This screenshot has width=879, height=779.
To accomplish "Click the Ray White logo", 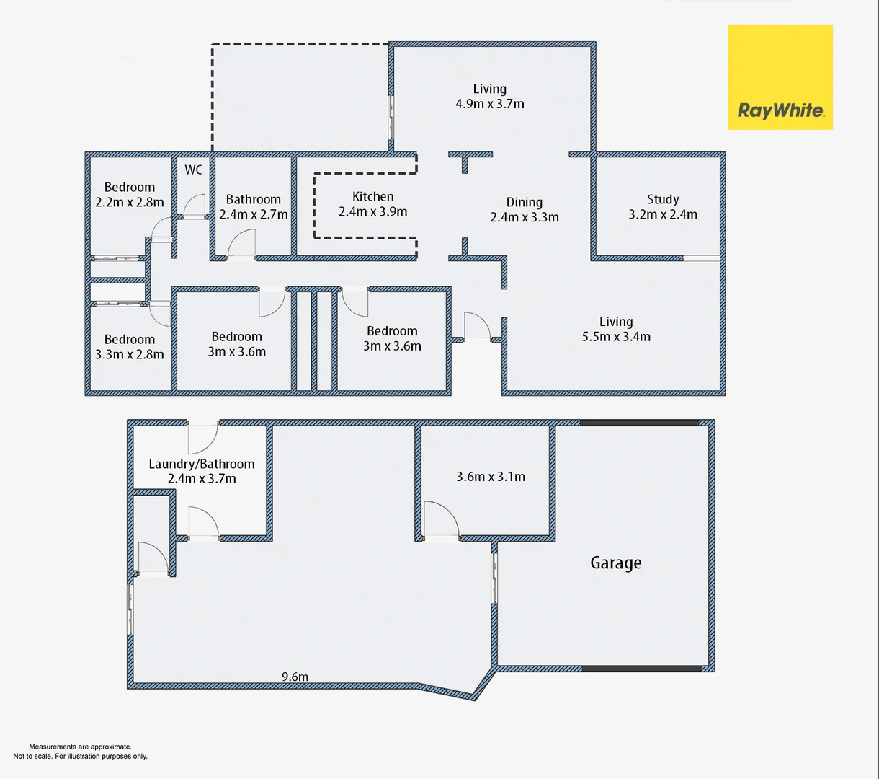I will [780, 77].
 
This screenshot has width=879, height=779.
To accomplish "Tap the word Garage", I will [615, 563].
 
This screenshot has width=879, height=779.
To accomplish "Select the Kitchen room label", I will [372, 196].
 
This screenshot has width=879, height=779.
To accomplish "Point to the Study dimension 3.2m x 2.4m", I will [663, 214].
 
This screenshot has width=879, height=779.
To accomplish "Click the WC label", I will [193, 170].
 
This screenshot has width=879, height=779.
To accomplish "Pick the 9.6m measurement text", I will [295, 677].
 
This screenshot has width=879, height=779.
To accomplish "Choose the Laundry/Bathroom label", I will [202, 464].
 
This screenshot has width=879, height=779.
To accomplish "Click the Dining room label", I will [524, 202].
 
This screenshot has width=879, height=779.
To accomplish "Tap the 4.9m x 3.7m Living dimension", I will [490, 104].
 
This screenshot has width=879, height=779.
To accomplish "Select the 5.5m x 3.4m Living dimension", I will [616, 337].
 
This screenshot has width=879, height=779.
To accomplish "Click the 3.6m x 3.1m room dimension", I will [490, 477].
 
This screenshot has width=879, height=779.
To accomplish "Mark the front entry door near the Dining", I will [477, 326].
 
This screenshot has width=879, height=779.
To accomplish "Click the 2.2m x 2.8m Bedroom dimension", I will [130, 203].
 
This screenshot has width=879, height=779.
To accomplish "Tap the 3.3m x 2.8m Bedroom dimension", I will [130, 354].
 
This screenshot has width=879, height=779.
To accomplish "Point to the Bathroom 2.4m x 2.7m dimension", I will [254, 214].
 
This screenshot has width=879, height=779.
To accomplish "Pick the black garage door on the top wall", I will [639, 423].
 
